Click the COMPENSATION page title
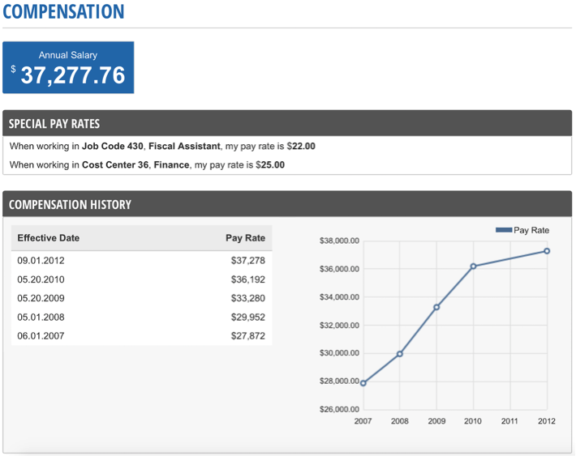pos(64,12)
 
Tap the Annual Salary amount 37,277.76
pos(73,75)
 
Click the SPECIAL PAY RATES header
pos(54,124)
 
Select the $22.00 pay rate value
pos(301,147)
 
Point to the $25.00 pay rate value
pos(270,164)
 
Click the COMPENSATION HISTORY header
pos(70,205)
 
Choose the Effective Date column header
pos(49,238)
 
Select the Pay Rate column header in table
pos(245,238)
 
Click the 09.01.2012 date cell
pos(41,261)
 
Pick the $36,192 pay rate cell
pos(247,279)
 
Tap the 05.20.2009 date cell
pos(41,298)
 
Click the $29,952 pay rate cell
pos(247,317)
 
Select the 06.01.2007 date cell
pos(41,335)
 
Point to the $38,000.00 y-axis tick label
pos(340,241)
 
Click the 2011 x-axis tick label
pos(509,421)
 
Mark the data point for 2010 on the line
pos(473,266)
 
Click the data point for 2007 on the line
pos(363,383)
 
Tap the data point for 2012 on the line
pos(547,251)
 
